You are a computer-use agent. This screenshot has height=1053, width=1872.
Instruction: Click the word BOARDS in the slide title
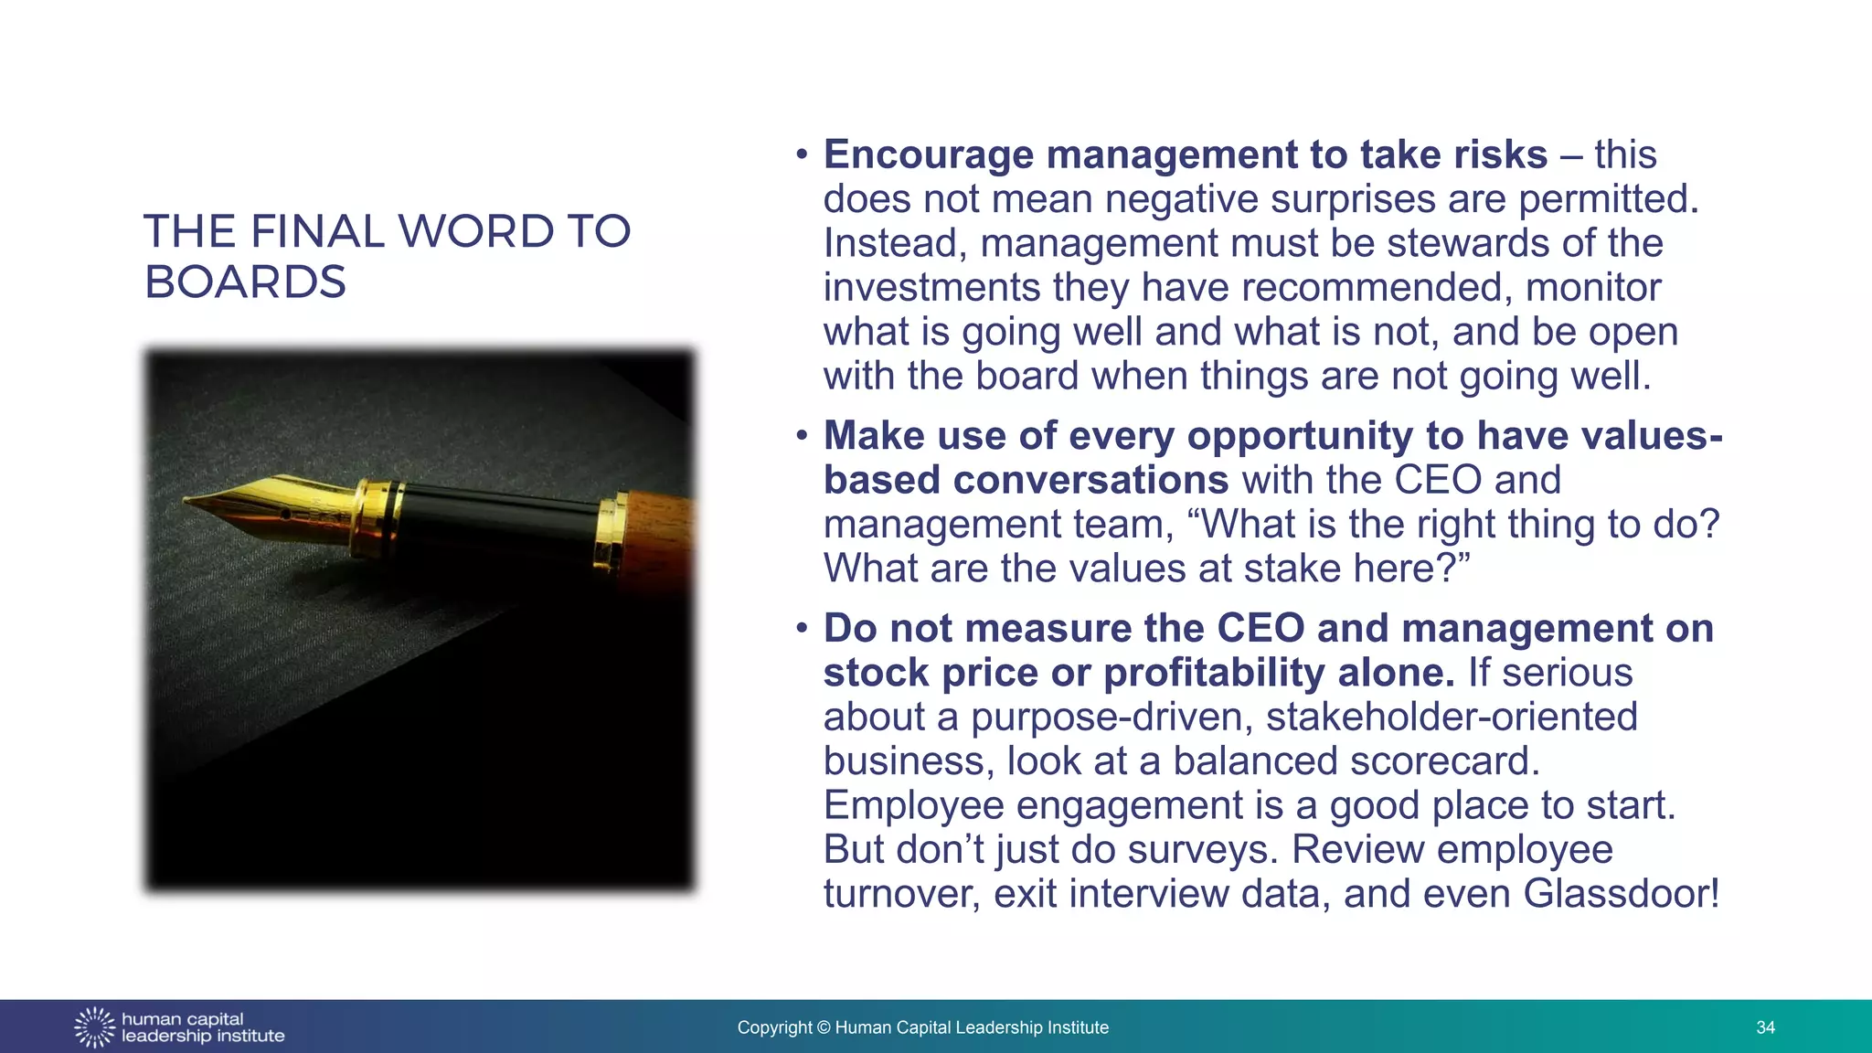click(245, 282)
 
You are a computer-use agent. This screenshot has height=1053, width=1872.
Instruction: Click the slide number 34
click(1765, 1027)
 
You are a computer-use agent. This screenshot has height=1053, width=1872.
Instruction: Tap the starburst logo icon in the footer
click(95, 1027)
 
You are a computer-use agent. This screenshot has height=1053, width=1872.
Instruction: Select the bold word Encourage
click(928, 155)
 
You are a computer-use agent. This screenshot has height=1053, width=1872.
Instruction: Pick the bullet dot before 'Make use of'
click(802, 435)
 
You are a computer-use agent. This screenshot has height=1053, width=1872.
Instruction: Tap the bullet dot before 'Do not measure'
click(802, 628)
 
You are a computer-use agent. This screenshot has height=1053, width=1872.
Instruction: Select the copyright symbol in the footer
click(824, 1027)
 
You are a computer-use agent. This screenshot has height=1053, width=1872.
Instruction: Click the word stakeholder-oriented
click(1452, 717)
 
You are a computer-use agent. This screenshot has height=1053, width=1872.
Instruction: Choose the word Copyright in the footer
click(774, 1027)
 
